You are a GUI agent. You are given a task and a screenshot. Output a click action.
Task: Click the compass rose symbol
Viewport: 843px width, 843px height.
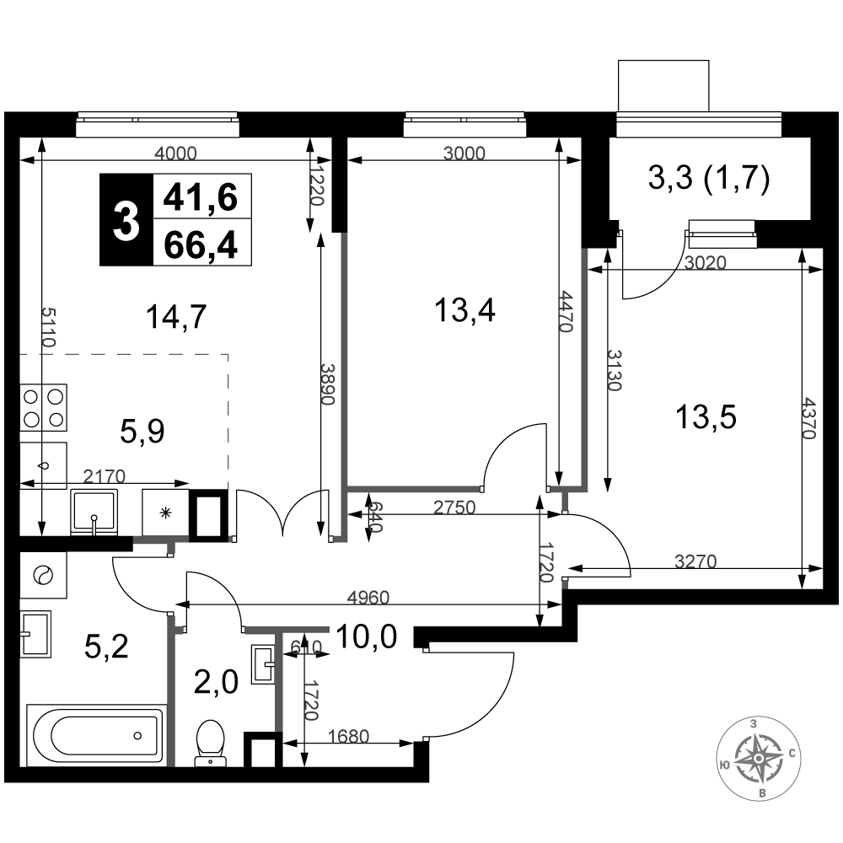[x=757, y=758]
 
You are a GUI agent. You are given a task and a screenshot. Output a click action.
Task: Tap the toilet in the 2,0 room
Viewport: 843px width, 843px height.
[x=210, y=743]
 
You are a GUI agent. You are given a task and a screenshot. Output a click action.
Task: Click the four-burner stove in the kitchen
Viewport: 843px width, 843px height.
[x=44, y=407]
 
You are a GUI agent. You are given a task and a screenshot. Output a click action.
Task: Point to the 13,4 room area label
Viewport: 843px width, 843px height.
[x=464, y=310]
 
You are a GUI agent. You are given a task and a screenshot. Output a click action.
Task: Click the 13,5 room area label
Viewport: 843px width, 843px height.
[x=706, y=417]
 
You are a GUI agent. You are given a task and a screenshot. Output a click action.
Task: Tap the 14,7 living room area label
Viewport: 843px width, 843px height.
[x=176, y=316]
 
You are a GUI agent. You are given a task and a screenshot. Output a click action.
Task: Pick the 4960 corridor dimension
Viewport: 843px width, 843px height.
[x=368, y=597]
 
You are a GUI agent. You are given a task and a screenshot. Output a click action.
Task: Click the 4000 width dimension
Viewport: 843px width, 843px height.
[x=176, y=153]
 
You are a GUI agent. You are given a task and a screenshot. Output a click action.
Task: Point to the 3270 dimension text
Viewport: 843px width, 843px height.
[x=695, y=561]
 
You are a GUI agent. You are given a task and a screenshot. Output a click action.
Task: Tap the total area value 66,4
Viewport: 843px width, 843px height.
[x=201, y=245]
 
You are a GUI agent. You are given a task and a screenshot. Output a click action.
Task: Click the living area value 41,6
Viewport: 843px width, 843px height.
[x=201, y=197]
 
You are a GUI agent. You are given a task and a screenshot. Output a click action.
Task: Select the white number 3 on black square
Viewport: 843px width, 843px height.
[x=126, y=220]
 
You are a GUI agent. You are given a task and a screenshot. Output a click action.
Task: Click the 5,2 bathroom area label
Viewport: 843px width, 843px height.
[x=106, y=647]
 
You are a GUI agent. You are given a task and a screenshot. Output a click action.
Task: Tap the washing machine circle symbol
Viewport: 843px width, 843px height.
[x=43, y=575]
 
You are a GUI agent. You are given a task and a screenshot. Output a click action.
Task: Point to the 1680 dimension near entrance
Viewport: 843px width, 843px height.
[x=348, y=736]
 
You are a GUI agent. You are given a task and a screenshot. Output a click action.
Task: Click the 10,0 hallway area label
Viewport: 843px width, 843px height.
[x=366, y=636]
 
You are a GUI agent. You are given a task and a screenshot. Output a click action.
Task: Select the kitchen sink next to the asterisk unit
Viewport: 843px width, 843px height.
[x=94, y=512]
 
